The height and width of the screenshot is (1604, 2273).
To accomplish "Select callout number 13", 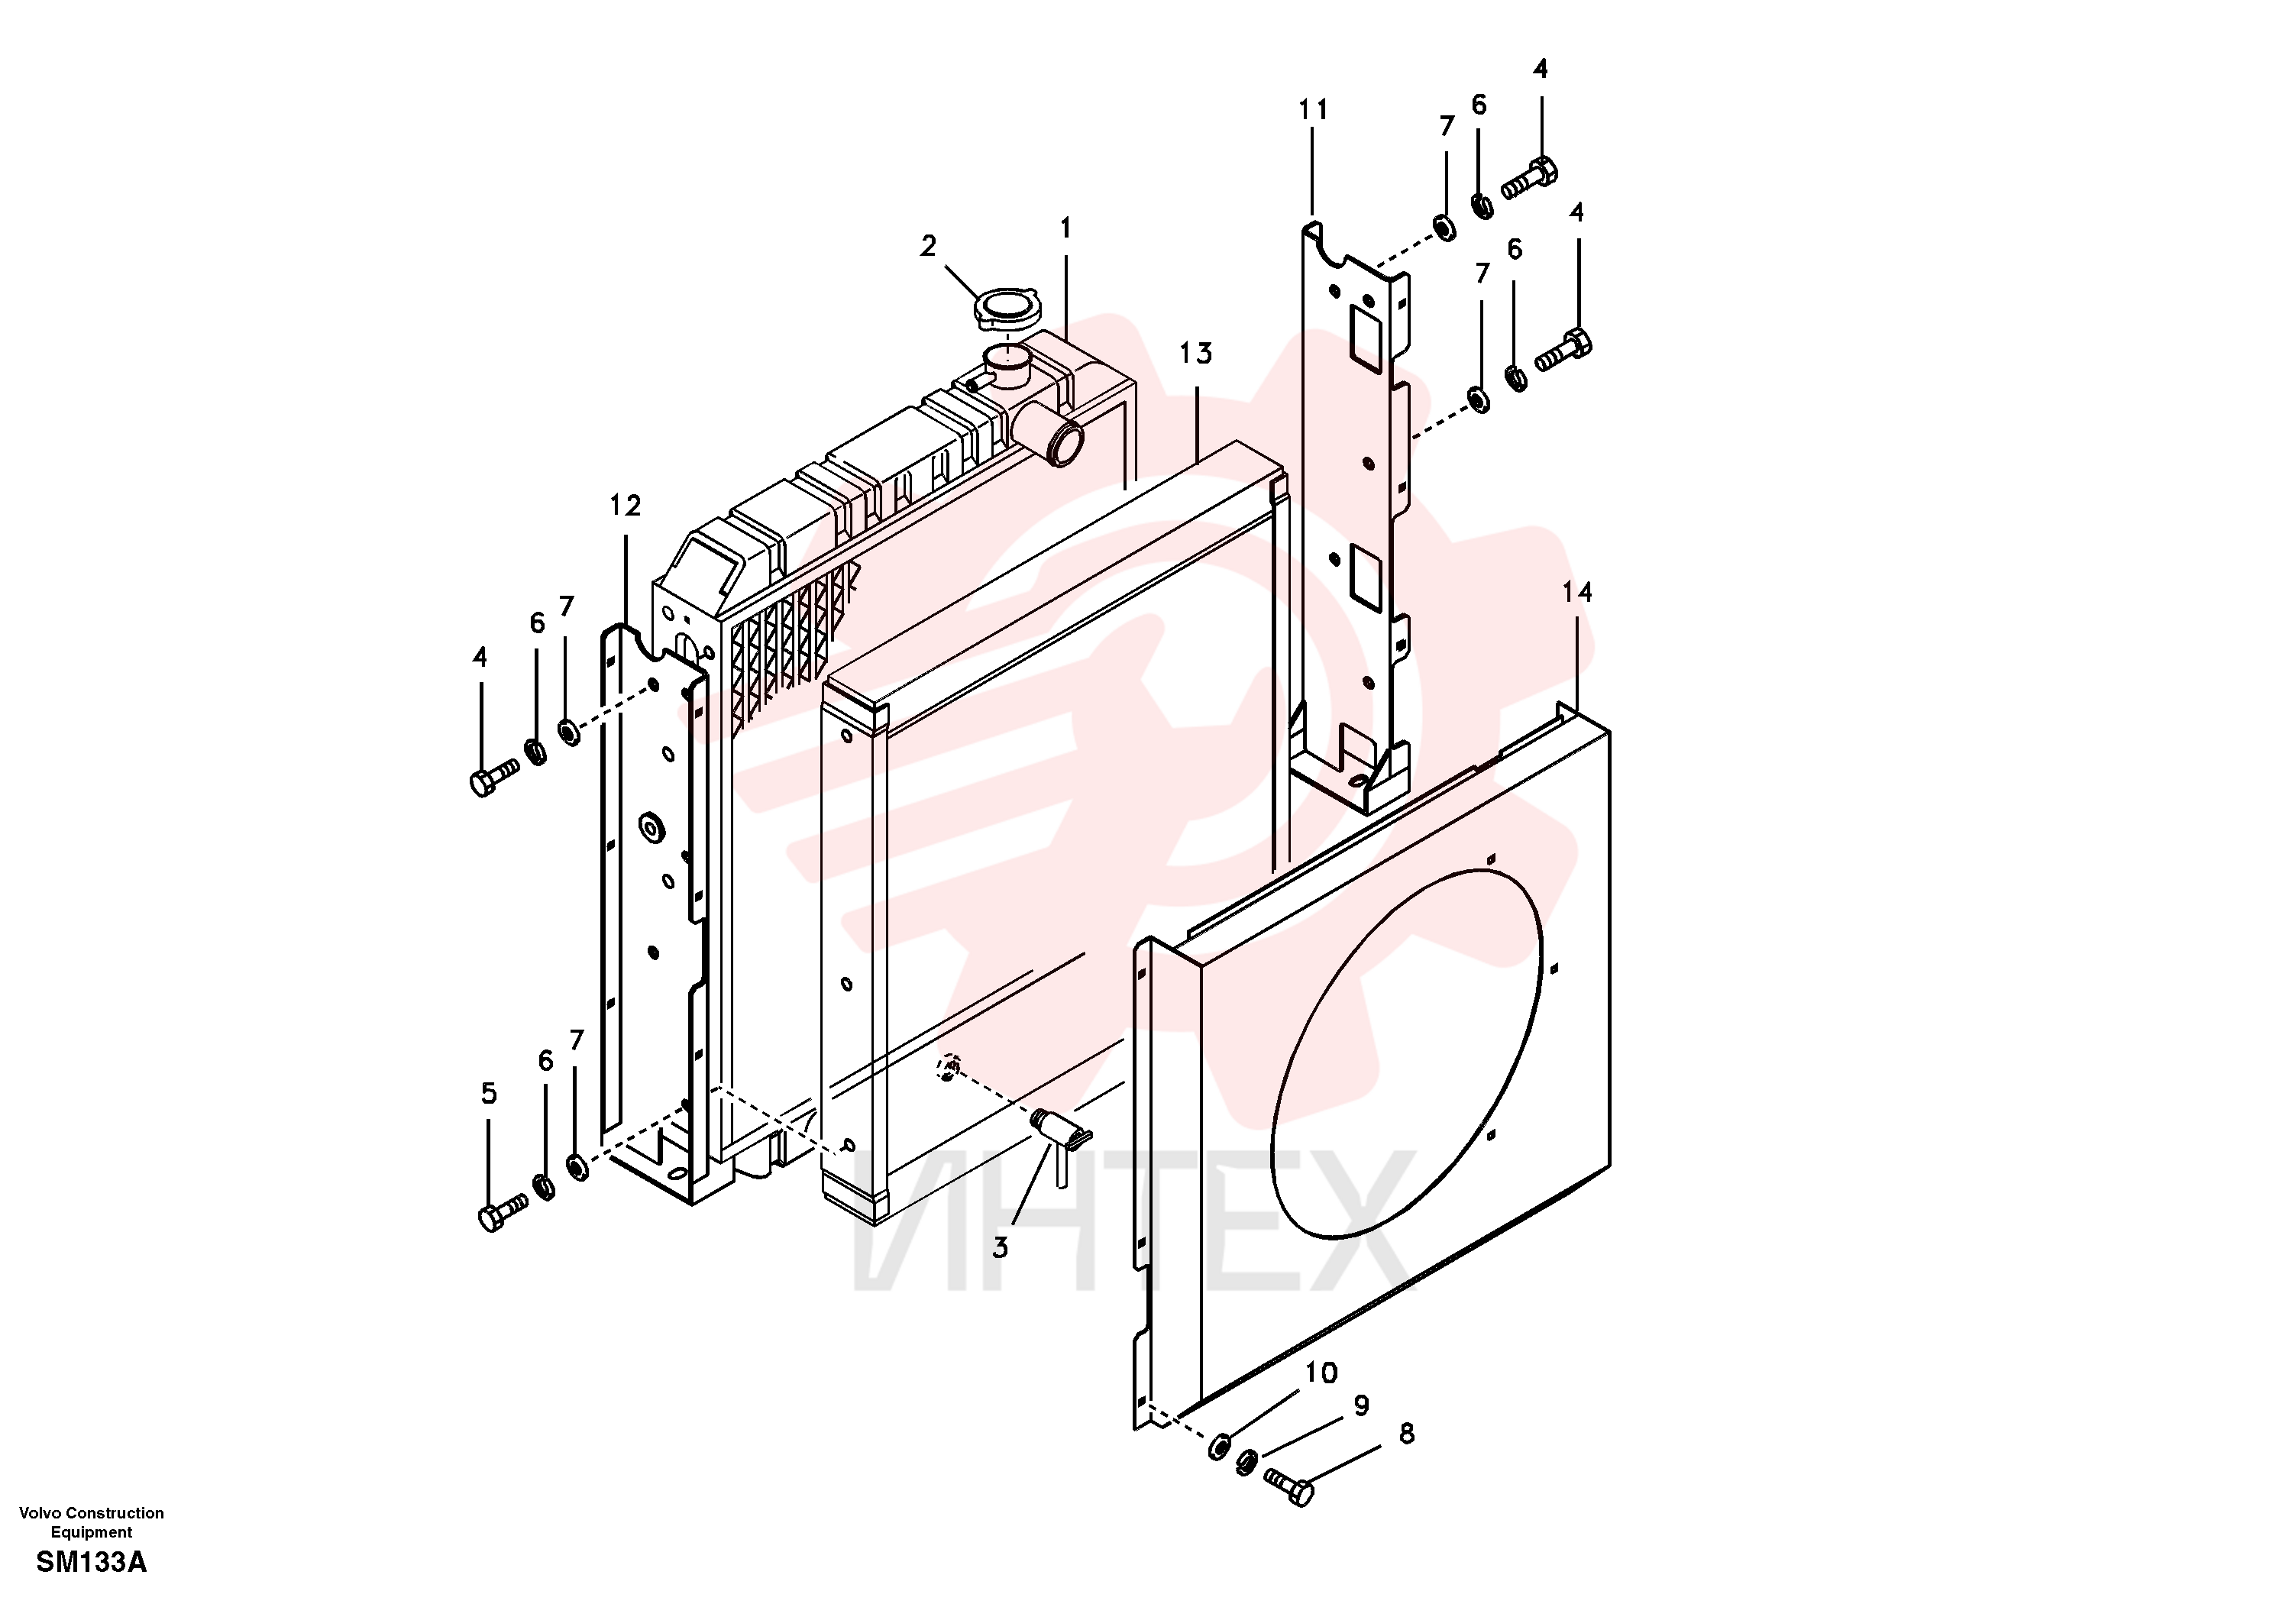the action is point(1196,354).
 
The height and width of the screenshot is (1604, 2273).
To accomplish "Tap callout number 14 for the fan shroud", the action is point(1577,592).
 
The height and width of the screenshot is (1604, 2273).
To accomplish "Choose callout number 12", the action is point(625,506).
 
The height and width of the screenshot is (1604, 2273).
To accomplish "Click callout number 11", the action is point(1313,110).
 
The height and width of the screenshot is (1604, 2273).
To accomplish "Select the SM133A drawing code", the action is point(91,1564).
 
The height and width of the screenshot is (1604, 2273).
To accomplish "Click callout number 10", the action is point(1321,1373).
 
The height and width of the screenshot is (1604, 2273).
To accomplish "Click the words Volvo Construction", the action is point(91,1513).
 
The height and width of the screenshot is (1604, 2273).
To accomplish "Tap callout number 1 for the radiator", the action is point(1065,228).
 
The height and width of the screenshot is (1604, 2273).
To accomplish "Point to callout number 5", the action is point(488,1094).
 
